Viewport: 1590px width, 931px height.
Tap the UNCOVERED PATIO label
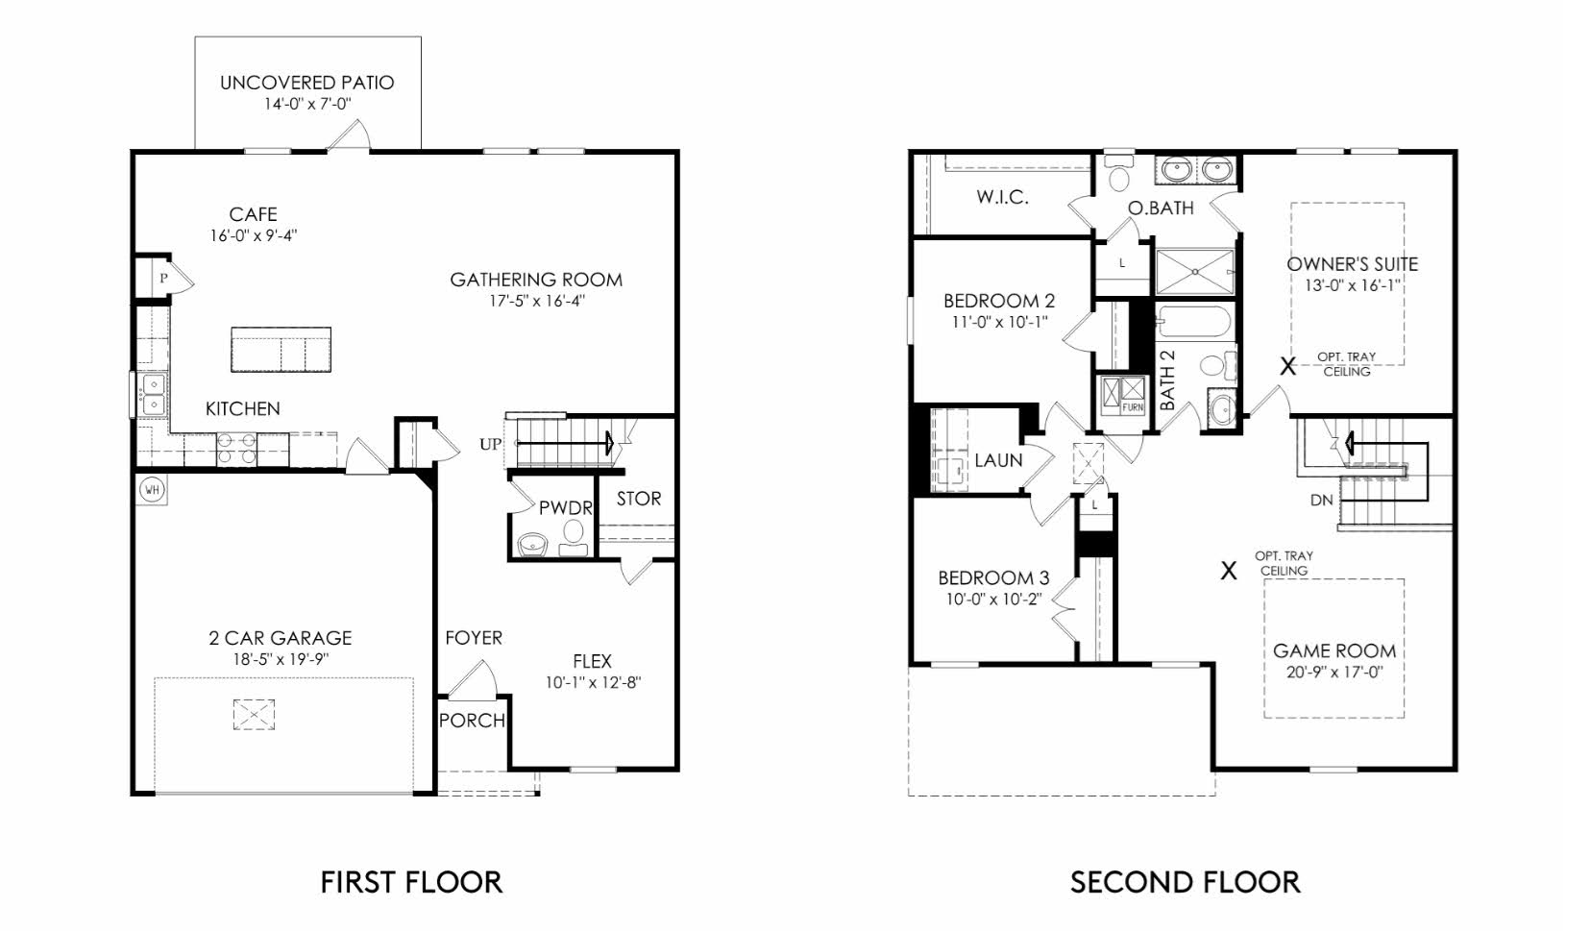(306, 83)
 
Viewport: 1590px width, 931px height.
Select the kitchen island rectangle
(281, 350)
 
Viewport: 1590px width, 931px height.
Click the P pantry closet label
(164, 279)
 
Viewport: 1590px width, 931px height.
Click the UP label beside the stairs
(490, 445)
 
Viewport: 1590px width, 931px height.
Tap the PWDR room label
(565, 508)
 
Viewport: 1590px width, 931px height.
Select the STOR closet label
(638, 499)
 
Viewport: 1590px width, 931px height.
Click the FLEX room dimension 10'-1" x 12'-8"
(593, 683)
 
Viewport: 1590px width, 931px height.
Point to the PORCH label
(472, 721)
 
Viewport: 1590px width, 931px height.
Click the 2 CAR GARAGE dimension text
(281, 659)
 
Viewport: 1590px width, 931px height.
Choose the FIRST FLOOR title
(410, 882)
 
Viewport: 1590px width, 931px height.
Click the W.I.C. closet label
(1002, 198)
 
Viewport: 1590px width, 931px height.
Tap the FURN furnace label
(1133, 407)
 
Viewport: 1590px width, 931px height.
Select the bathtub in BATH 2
(1191, 322)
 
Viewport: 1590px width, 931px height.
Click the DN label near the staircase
(1321, 501)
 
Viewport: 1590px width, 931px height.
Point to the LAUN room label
(998, 460)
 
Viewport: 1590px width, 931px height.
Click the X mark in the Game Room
(1228, 572)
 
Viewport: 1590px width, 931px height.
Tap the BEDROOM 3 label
(993, 578)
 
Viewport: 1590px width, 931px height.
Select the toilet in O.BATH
(1118, 176)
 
